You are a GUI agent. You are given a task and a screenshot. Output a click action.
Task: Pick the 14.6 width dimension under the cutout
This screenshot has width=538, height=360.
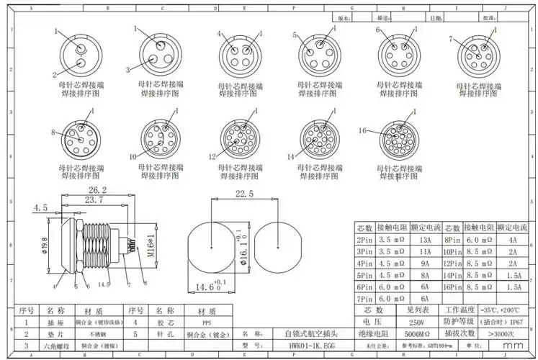coord(206,288)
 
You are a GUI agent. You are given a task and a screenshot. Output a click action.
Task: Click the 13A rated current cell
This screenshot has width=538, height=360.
coord(425,240)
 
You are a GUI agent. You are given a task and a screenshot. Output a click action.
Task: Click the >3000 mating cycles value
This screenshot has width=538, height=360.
coord(501,333)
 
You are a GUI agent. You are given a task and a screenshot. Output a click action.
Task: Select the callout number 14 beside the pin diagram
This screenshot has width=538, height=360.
coord(291,156)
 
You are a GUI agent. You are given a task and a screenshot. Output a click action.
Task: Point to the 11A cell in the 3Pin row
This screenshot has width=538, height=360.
coord(425,252)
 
